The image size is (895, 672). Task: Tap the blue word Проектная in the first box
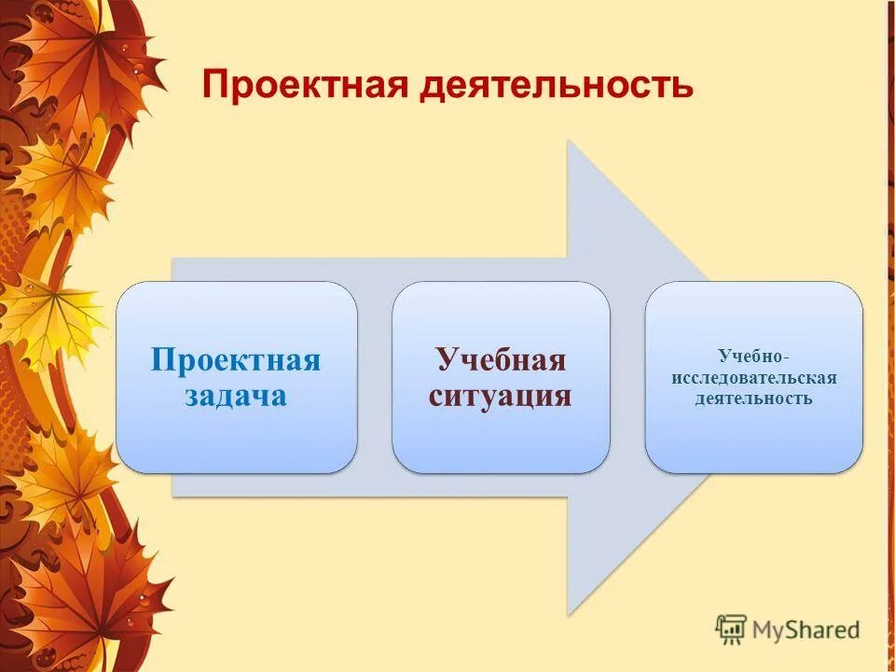[x=236, y=360]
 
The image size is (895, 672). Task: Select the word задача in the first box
[x=236, y=395]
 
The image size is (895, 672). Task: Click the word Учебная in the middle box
[x=501, y=360]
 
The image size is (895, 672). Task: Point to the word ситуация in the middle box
[x=501, y=395]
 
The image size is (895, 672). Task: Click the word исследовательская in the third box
[x=753, y=377]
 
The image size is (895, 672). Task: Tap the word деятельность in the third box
[x=753, y=399]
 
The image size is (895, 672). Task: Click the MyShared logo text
[x=806, y=629]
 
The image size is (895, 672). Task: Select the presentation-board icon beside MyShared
[x=731, y=629]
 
